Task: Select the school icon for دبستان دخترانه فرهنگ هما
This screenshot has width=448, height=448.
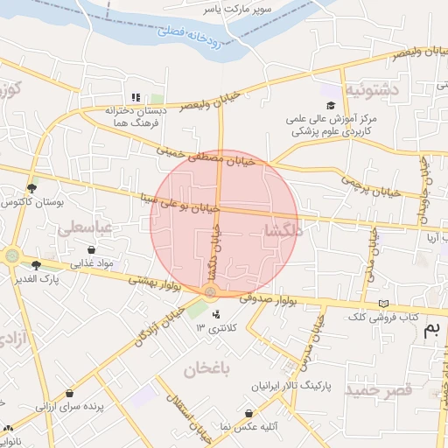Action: click(x=136, y=97)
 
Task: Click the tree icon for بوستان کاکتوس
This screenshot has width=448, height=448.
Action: click(x=32, y=188)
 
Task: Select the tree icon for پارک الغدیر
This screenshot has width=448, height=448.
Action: click(x=36, y=264)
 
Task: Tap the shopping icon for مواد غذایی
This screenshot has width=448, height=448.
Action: click(x=91, y=250)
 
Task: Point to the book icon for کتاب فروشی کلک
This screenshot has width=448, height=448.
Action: click(x=381, y=304)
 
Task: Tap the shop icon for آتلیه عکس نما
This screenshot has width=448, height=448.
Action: click(x=249, y=413)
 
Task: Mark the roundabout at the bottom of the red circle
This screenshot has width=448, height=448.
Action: click(x=210, y=290)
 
